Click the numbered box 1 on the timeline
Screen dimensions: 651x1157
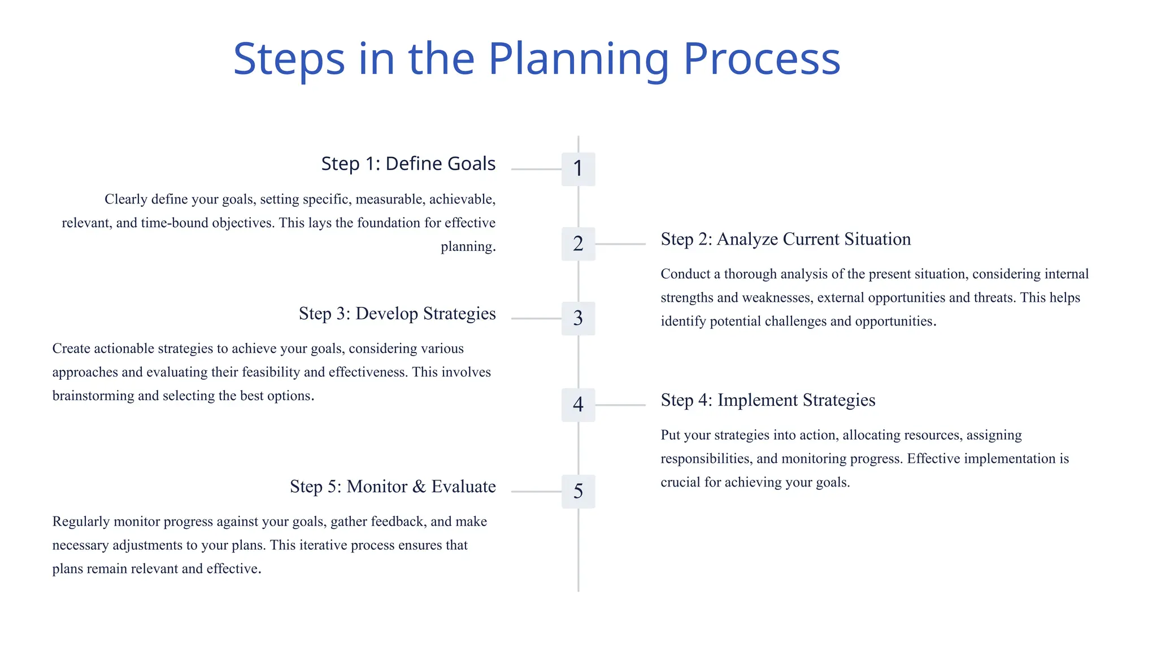coord(578,169)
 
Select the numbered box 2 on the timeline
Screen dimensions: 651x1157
coord(578,244)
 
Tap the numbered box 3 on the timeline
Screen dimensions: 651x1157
coord(578,318)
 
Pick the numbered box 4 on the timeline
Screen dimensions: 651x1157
coord(578,405)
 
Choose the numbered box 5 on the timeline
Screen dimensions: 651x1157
coord(578,491)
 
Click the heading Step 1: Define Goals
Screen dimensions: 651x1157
coord(408,164)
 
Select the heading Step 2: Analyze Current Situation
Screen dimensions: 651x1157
coord(785,239)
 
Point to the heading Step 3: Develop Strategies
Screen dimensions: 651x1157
coord(397,314)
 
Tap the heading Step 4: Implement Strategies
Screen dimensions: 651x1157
coord(768,400)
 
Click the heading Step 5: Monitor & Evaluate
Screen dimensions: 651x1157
coord(393,487)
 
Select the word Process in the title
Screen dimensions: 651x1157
coord(762,59)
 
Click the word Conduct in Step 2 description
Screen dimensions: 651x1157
coord(685,274)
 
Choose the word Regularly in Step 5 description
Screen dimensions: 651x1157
coord(81,522)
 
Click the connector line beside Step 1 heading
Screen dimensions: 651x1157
coord(536,169)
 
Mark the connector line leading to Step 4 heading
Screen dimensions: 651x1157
coord(620,405)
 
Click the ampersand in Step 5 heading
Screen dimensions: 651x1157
coord(419,487)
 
